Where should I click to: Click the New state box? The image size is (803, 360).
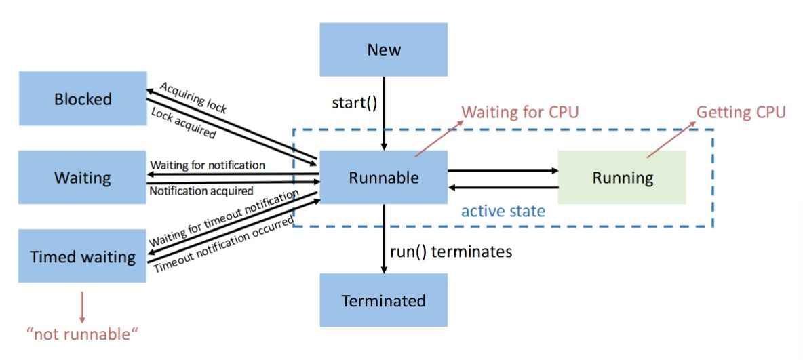384,49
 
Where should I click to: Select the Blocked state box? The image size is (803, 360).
83,99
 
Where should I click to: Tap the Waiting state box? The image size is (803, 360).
83,178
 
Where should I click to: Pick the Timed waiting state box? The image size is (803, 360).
83,257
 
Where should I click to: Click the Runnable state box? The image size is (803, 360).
384,178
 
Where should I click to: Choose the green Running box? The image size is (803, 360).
622,178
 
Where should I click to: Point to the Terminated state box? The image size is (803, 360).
384,300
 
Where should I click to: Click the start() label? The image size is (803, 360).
354,103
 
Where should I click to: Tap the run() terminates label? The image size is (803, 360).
451,252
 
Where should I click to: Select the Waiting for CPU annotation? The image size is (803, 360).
520,112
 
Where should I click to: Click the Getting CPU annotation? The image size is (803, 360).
741,112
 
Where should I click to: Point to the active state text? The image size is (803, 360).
503,211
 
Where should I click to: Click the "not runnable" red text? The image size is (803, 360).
81,334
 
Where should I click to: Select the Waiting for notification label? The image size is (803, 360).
208,165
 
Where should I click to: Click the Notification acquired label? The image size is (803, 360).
201,191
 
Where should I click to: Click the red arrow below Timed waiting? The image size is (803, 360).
82,306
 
